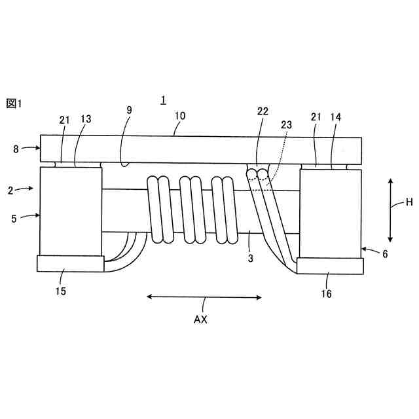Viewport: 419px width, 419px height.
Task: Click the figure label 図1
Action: pos(14,103)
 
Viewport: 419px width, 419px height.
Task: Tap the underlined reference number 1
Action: pos(163,100)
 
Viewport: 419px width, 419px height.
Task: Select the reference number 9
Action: pos(130,110)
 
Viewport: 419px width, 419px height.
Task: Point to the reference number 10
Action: pos(180,116)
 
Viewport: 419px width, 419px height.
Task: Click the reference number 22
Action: pos(263,111)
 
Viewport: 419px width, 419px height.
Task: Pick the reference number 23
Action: pos(286,125)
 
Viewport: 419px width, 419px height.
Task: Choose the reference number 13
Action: pos(86,119)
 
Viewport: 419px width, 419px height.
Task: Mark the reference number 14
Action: pos(336,117)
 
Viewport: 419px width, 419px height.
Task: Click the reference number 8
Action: pos(16,149)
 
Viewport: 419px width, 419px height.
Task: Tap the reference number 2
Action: pos(10,191)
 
